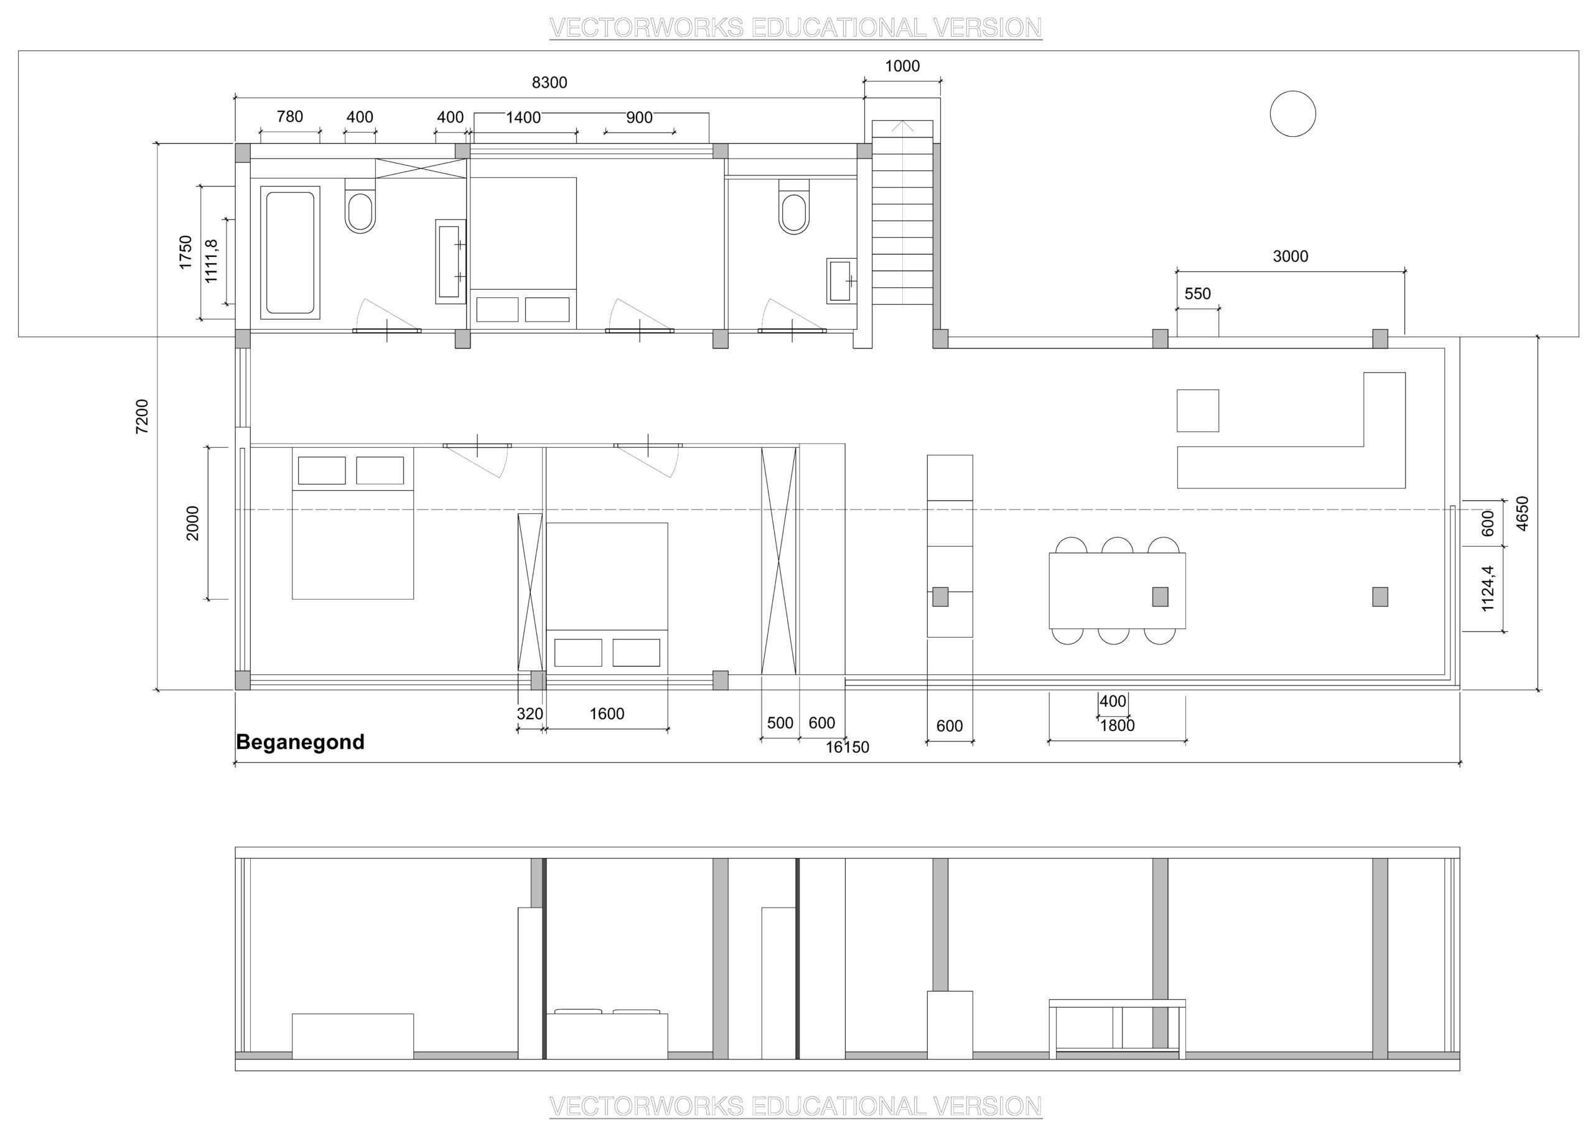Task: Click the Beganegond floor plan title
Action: pos(300,743)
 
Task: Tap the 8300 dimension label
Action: pos(549,83)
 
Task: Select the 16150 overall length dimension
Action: pos(847,747)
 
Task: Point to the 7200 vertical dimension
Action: pos(142,416)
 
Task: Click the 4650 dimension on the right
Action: pos(1522,513)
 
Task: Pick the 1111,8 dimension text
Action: pos(212,261)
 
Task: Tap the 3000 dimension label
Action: pos(1291,257)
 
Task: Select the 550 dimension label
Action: pos(1197,294)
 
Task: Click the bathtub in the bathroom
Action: pos(290,253)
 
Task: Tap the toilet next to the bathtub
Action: pos(360,205)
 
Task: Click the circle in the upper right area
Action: pos(1292,114)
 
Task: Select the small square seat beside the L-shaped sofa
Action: pos(1197,411)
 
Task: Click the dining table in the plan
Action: pos(1117,590)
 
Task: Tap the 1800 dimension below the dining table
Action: pos(1117,726)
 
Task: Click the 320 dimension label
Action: pos(530,714)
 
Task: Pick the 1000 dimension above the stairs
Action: pos(902,66)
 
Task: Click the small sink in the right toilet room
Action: pos(841,281)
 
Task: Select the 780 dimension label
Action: pos(290,116)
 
